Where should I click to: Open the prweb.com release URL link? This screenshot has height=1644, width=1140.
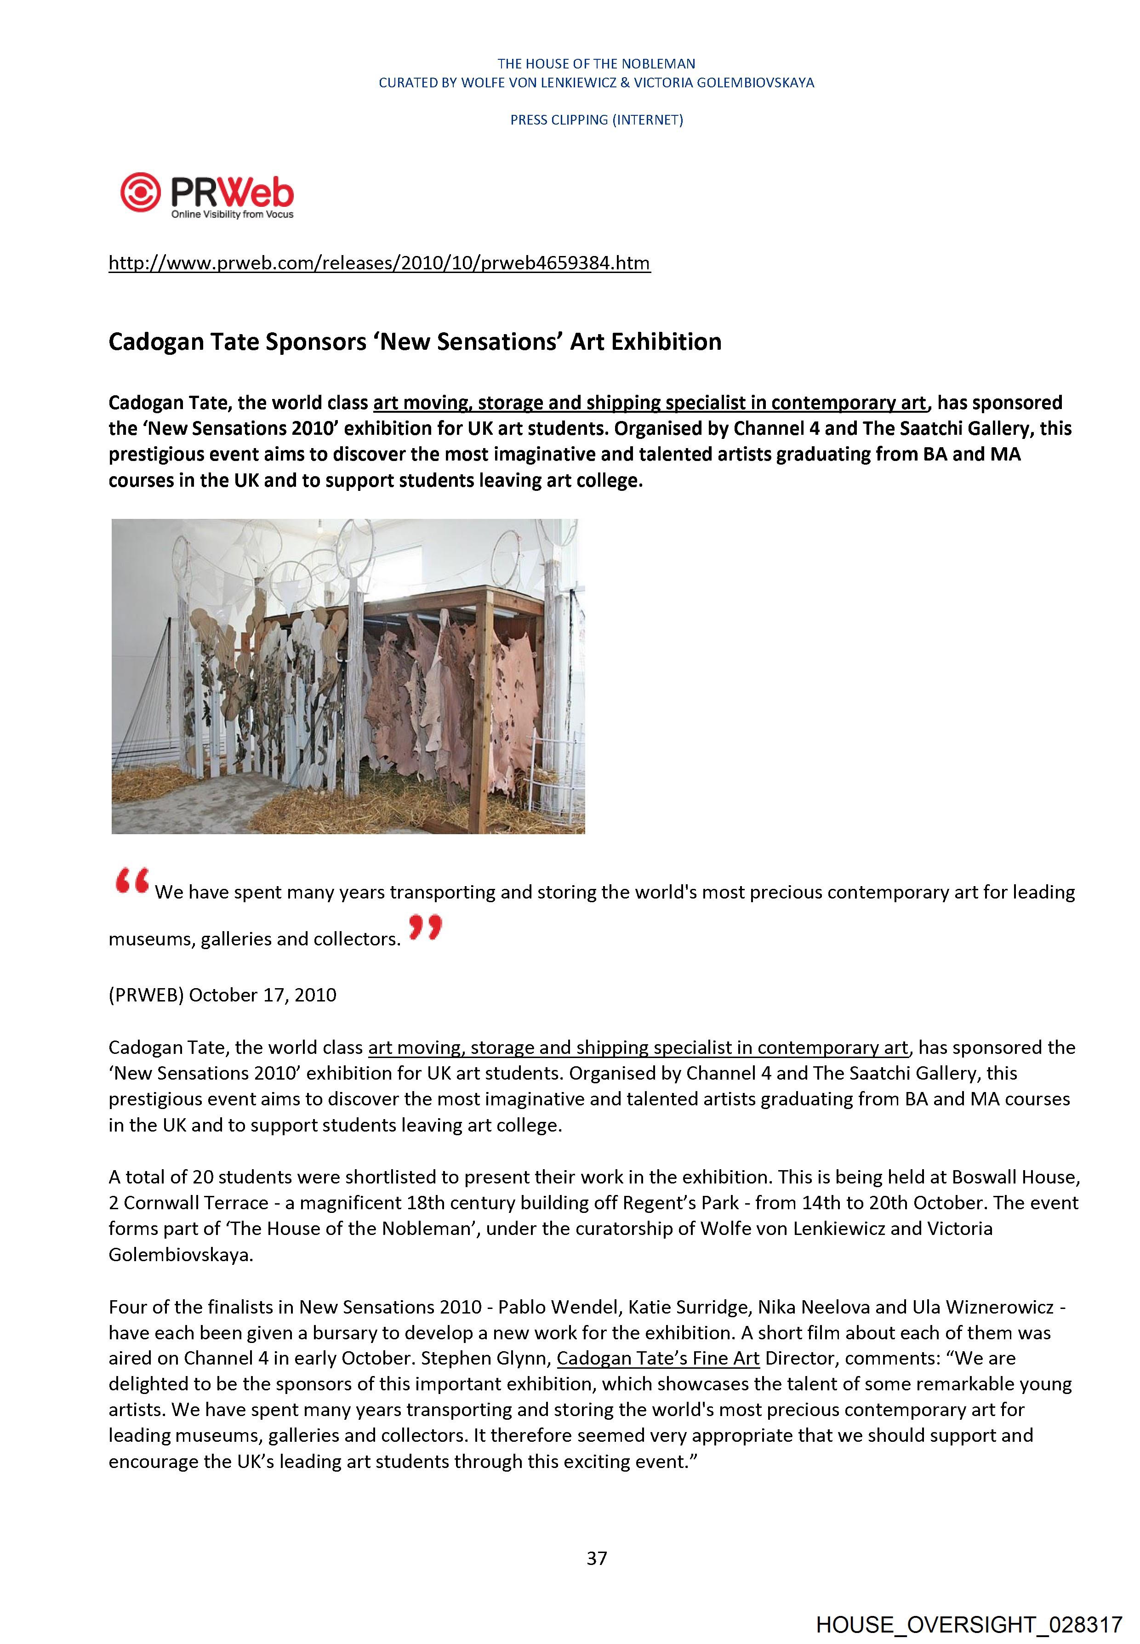379,263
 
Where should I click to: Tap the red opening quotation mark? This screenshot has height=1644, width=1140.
131,883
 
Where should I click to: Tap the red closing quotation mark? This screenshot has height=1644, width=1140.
426,928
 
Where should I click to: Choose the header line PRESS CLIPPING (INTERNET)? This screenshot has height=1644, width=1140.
596,120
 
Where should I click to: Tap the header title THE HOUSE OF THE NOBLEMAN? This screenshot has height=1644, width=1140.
596,63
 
